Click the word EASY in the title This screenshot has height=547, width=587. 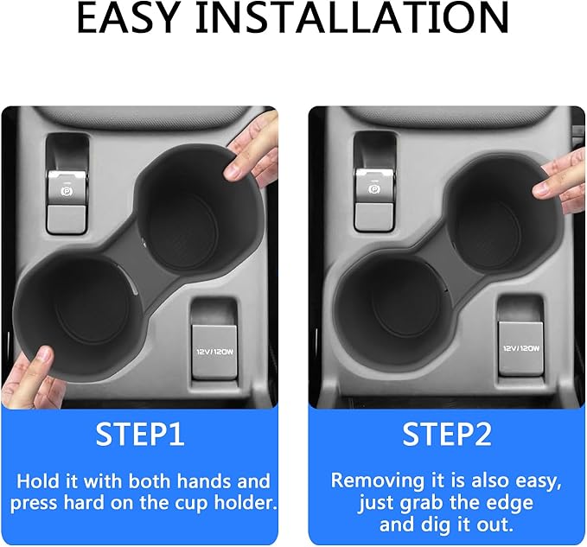click(127, 17)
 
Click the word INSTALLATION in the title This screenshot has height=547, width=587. click(352, 17)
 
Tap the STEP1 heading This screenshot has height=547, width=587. click(140, 434)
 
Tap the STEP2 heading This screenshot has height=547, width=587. click(447, 434)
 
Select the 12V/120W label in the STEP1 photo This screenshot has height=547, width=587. click(215, 352)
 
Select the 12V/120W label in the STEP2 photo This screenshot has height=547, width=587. click(521, 348)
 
